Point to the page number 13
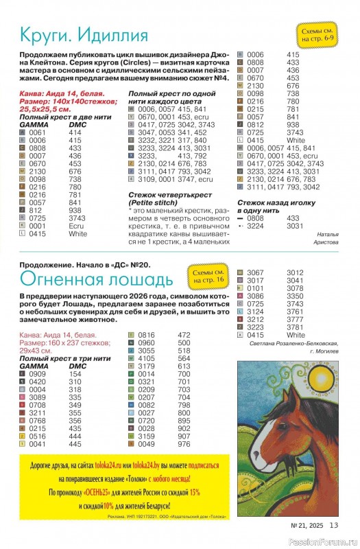point(335,525)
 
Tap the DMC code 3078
point(295,288)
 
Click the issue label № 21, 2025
point(307,526)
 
